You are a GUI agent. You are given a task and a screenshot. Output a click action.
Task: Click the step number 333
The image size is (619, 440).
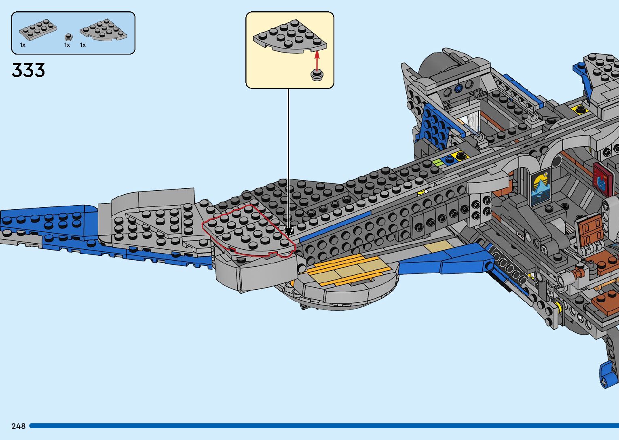(28, 70)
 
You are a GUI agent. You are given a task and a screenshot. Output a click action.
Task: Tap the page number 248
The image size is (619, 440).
(19, 426)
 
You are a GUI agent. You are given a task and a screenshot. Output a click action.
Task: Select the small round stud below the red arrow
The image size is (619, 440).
(317, 75)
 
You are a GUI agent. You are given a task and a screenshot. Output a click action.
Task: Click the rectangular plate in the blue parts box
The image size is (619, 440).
(38, 29)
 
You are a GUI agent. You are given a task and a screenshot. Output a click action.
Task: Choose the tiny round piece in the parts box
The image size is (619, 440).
(68, 37)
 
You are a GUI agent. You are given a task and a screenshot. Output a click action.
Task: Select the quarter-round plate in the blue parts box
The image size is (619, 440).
(103, 31)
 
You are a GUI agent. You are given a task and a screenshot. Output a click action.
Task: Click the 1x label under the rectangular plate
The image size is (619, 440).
(23, 45)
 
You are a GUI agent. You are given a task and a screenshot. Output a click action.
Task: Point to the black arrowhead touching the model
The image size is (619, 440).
(289, 232)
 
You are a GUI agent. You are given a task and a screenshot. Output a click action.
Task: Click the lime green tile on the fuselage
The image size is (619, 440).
(437, 162)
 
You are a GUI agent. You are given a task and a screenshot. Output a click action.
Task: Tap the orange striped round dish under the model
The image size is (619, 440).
(344, 279)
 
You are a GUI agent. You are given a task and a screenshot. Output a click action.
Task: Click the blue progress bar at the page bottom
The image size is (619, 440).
(323, 426)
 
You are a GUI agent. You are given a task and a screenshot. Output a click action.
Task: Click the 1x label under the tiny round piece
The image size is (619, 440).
(67, 45)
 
